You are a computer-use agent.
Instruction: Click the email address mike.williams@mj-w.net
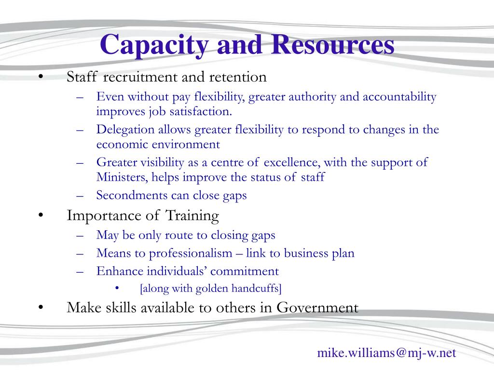[x=386, y=353]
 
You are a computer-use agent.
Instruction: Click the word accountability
[x=399, y=96]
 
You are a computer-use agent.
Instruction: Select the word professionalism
[x=191, y=253]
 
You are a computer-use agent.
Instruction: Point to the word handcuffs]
[x=257, y=288]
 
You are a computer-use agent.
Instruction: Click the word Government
[x=317, y=307]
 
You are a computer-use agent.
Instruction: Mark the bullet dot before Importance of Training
[x=41, y=215]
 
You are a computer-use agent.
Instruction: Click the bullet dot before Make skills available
[x=41, y=308]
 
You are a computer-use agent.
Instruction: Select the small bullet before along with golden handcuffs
[x=117, y=287]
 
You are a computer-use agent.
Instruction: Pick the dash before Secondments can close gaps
[x=80, y=196]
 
